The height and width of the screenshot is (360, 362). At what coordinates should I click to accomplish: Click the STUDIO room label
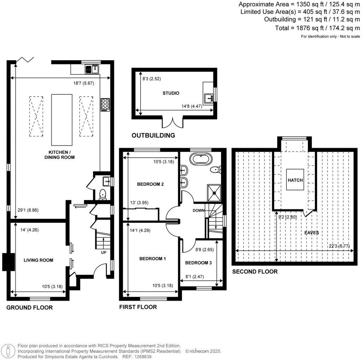[x=171, y=93]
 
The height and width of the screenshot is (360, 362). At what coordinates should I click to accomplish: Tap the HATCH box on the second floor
[x=295, y=180]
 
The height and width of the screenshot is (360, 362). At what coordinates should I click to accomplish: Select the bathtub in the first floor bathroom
[x=200, y=159]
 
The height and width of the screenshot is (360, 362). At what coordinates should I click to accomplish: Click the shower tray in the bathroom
[x=214, y=191]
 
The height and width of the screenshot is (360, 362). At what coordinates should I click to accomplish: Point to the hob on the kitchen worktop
[x=105, y=105]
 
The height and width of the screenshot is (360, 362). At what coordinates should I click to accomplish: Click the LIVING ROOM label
[x=38, y=260]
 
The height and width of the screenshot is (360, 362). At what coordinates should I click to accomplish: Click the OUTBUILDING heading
[x=153, y=135]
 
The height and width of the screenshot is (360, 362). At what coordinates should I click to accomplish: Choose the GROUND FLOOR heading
[x=29, y=308]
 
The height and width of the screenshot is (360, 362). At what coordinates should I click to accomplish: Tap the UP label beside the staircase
[x=103, y=252]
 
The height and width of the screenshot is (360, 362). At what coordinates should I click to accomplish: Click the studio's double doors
[x=173, y=122]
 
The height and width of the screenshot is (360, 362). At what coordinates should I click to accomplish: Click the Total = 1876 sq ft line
[x=317, y=28]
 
